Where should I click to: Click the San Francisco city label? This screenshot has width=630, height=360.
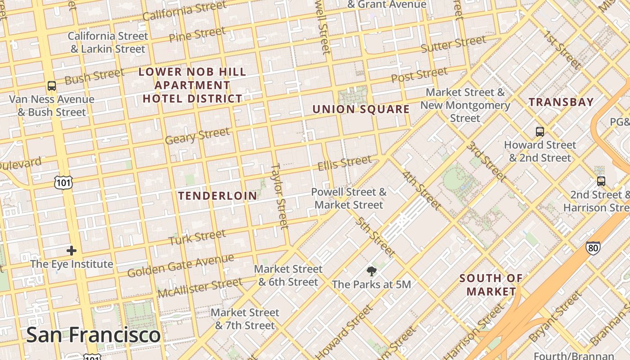(x=93, y=335)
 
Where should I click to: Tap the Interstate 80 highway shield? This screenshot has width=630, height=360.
(x=593, y=247)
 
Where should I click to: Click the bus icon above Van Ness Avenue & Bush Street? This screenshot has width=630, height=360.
(x=52, y=85)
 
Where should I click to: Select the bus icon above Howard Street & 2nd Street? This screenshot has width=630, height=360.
(x=540, y=131)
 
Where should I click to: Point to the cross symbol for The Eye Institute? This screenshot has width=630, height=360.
(x=72, y=251)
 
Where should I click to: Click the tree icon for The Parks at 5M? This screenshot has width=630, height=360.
(x=371, y=271)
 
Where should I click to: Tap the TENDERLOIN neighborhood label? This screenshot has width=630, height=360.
(x=218, y=196)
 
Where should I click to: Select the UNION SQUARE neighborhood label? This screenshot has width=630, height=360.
(x=361, y=109)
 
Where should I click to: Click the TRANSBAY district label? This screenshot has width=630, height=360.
(x=561, y=102)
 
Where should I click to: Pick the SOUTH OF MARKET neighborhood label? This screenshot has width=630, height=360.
(x=491, y=285)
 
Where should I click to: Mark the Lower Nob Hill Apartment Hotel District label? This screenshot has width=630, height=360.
(x=193, y=85)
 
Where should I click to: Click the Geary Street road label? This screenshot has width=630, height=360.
(x=197, y=136)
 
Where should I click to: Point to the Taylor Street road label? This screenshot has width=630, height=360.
(x=279, y=196)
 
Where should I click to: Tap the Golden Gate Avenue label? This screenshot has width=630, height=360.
(x=180, y=266)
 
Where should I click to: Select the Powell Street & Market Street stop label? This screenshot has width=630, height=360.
(x=349, y=198)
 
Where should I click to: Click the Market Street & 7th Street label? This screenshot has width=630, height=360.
(x=245, y=319)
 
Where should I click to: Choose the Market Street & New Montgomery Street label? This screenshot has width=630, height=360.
(x=465, y=105)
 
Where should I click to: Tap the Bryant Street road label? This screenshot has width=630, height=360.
(x=555, y=317)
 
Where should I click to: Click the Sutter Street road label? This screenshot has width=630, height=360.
(x=454, y=44)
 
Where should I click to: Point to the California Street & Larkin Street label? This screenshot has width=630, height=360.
(x=108, y=42)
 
